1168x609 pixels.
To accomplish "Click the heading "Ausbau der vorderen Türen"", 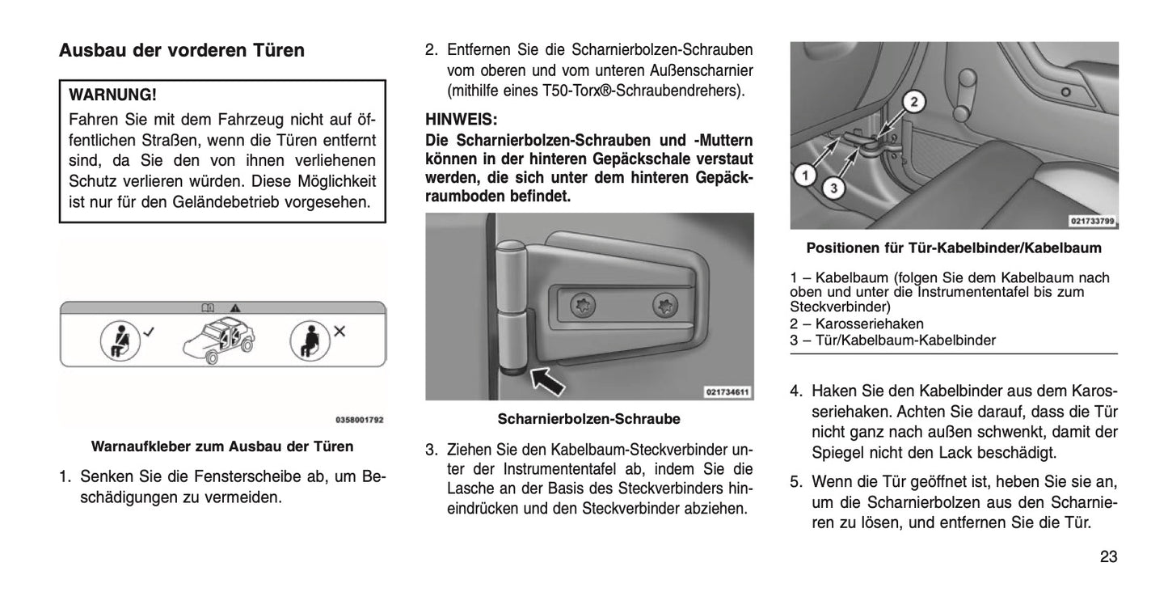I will pyautogui.click(x=182, y=51).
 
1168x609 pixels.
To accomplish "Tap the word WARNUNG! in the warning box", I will pyautogui.click(x=113, y=95).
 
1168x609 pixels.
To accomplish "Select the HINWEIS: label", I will pyautogui.click(x=461, y=118).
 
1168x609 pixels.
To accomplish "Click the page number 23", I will pyautogui.click(x=1107, y=556).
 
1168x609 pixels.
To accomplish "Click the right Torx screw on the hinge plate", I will pyautogui.click(x=664, y=305).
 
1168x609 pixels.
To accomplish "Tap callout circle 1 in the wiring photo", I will pyautogui.click(x=804, y=173).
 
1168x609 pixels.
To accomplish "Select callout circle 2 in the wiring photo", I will pyautogui.click(x=913, y=102).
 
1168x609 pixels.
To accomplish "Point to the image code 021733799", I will pyautogui.click(x=1091, y=220).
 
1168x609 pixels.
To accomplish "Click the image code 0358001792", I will pyautogui.click(x=359, y=420).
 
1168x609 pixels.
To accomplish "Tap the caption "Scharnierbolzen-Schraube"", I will pyautogui.click(x=588, y=419).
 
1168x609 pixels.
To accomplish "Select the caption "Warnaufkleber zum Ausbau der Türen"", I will pyautogui.click(x=222, y=446).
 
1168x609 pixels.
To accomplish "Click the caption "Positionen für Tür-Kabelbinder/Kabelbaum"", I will pyautogui.click(x=954, y=247).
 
